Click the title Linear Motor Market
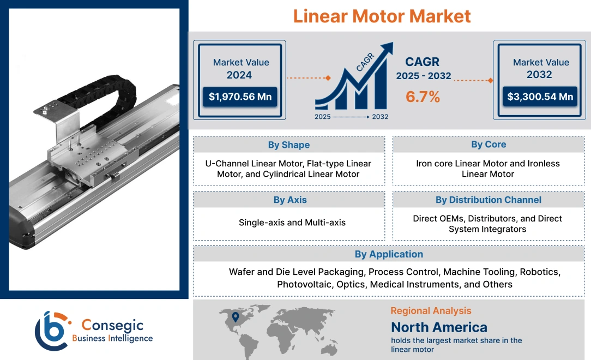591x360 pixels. [x=382, y=16]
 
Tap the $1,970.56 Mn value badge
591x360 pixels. [x=240, y=97]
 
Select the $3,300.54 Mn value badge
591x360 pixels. [x=540, y=97]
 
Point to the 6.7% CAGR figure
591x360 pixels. [x=423, y=97]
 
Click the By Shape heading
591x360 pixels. [x=288, y=145]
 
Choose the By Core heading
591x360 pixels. [x=489, y=145]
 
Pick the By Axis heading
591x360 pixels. [x=290, y=200]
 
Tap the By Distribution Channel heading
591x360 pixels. [x=489, y=200]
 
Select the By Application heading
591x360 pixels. [x=388, y=254]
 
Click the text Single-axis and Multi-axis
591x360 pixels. [x=292, y=223]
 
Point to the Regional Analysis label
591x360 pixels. [x=431, y=311]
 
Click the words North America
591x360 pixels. [x=439, y=327]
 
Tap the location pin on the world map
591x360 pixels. [x=236, y=316]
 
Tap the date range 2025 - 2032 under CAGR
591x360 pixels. [x=424, y=76]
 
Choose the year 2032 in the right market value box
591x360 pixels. [x=539, y=75]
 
